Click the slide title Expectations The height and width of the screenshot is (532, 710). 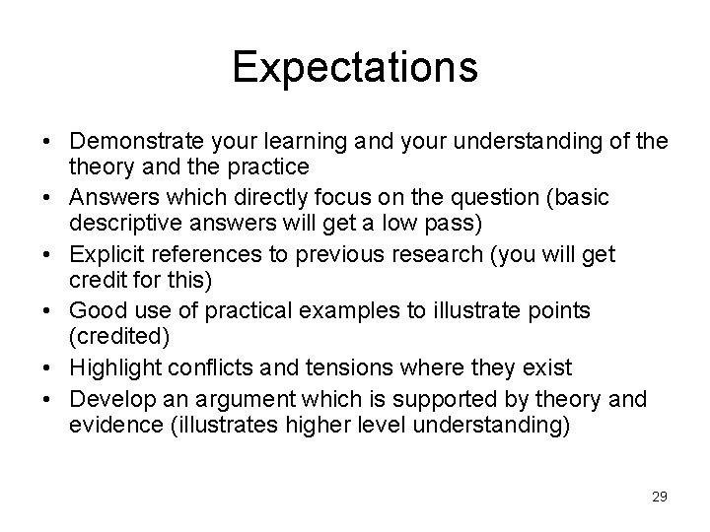coord(355,67)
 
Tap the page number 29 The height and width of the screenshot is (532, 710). coord(659,496)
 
